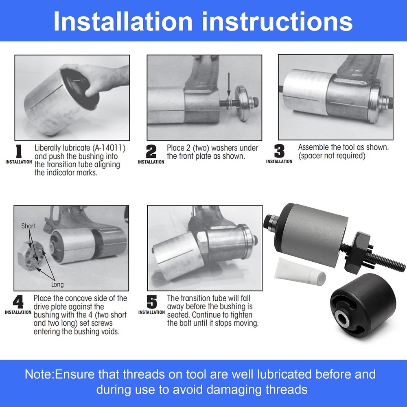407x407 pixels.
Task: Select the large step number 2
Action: (151, 151)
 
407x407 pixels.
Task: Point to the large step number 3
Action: (279, 151)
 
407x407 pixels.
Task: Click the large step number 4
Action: (18, 302)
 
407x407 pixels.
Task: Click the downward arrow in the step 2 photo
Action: (230, 85)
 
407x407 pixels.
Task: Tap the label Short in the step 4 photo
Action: (28, 226)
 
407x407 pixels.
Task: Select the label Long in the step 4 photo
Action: (57, 284)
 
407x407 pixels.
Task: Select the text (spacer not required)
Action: (332, 156)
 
